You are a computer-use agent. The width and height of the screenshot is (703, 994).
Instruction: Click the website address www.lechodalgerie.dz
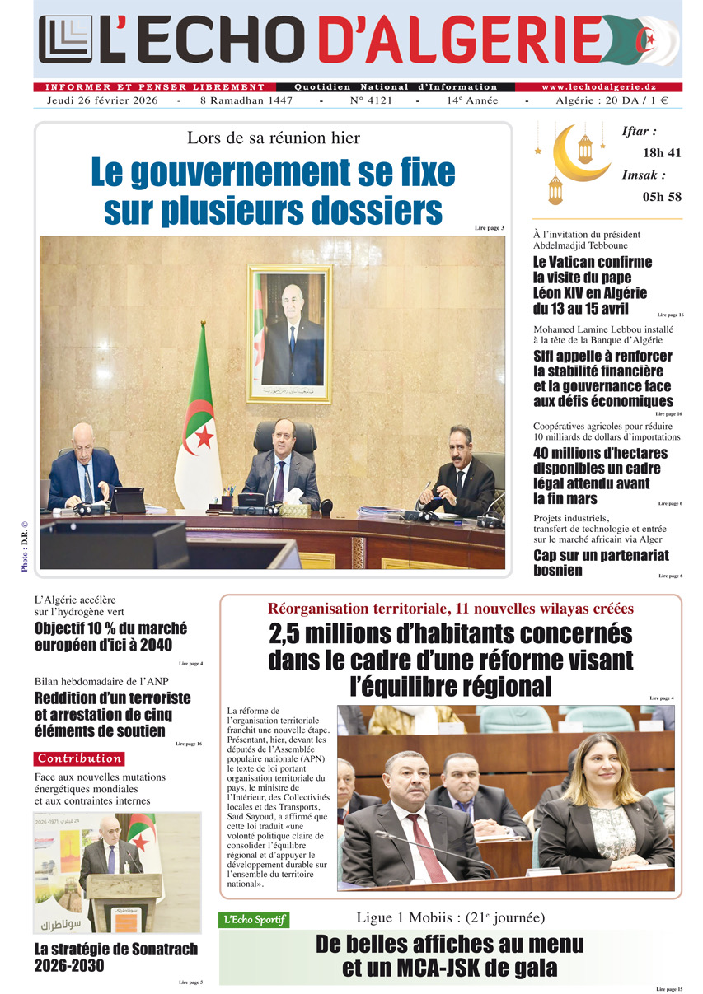click(x=598, y=87)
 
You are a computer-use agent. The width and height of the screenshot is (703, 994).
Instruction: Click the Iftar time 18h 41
click(x=662, y=152)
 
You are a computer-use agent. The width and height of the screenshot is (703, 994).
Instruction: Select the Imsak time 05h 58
click(x=662, y=196)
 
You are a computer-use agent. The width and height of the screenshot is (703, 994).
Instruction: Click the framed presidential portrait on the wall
click(x=289, y=333)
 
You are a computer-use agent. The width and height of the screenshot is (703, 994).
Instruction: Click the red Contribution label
click(x=79, y=758)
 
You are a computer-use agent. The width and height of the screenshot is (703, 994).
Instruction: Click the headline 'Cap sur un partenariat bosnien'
click(x=601, y=562)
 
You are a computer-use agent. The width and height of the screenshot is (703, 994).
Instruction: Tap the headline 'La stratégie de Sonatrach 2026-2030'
click(x=116, y=957)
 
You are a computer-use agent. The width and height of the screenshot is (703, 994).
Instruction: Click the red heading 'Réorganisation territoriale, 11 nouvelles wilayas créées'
click(x=451, y=609)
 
